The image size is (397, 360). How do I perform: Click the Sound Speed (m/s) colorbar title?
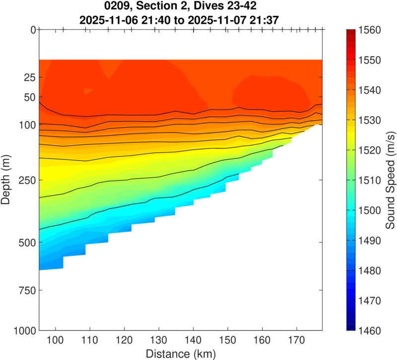pyautogui.click(x=390, y=180)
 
